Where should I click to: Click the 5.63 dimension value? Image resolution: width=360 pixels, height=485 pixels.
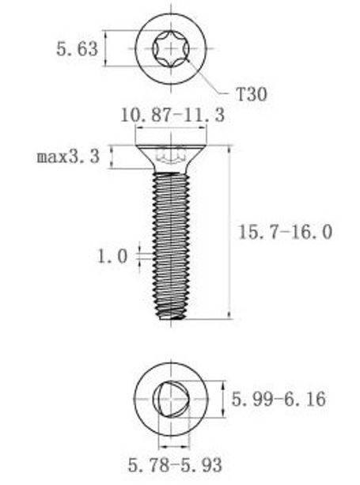[x=77, y=49]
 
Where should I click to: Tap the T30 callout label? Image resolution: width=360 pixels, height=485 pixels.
[x=251, y=94]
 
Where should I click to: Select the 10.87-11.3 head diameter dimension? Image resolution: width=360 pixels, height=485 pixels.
[x=172, y=115]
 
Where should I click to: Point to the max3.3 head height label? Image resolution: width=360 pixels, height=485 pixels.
[x=68, y=156]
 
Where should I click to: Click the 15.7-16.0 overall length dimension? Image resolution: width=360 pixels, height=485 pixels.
[x=286, y=232]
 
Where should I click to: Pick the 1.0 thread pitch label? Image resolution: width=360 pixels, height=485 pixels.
[x=112, y=256]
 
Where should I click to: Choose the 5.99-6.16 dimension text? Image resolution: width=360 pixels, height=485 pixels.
[x=279, y=399]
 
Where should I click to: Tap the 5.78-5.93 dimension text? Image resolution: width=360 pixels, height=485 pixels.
[x=175, y=465]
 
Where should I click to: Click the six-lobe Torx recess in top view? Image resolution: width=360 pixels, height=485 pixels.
[x=171, y=49]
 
